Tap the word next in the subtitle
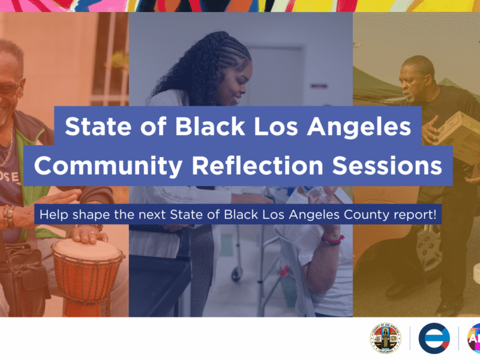(153, 214)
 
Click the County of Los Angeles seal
(385, 338)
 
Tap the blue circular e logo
(434, 338)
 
